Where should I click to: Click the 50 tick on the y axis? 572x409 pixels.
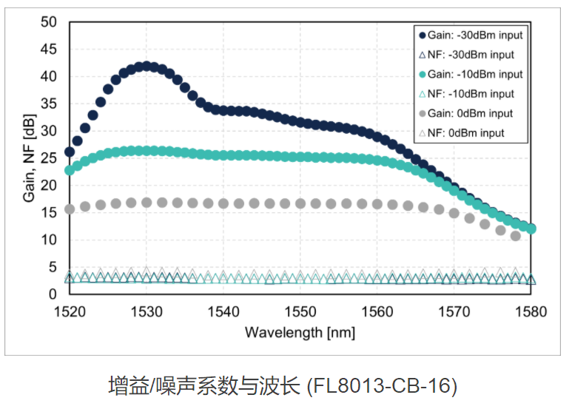coord(49,22)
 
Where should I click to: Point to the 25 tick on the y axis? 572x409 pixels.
coord(49,158)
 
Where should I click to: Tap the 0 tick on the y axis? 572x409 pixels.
coord(53,294)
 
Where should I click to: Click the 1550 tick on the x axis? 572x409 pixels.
coord(300,311)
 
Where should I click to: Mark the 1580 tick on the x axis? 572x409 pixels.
coord(531,311)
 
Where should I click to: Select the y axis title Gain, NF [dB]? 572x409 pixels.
coord(29,158)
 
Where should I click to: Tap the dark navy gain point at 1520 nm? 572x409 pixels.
coord(70,152)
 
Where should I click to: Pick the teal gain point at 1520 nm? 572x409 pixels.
coord(70,170)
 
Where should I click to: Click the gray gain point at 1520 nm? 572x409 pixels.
coord(70,209)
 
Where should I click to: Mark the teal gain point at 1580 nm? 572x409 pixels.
coord(531,229)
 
